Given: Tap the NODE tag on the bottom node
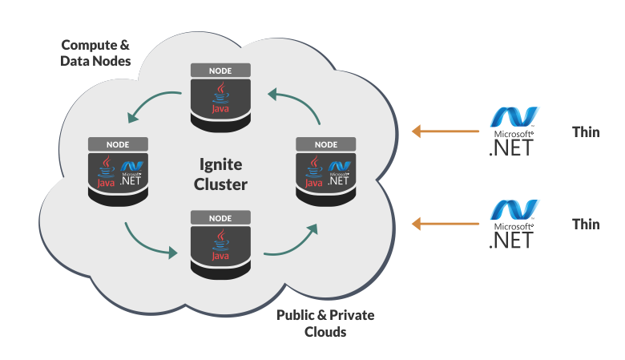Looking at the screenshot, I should pos(220,218).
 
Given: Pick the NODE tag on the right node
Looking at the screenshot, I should pos(326,144).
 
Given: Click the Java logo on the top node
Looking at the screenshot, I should pos(220,99).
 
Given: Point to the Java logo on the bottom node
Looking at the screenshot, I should pos(220,246).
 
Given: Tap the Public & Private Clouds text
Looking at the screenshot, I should pos(325,322).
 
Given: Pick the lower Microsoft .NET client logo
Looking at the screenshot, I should pos(513,224).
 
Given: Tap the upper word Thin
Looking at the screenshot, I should pos(586,132).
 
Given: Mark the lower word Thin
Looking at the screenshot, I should pos(586,224).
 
